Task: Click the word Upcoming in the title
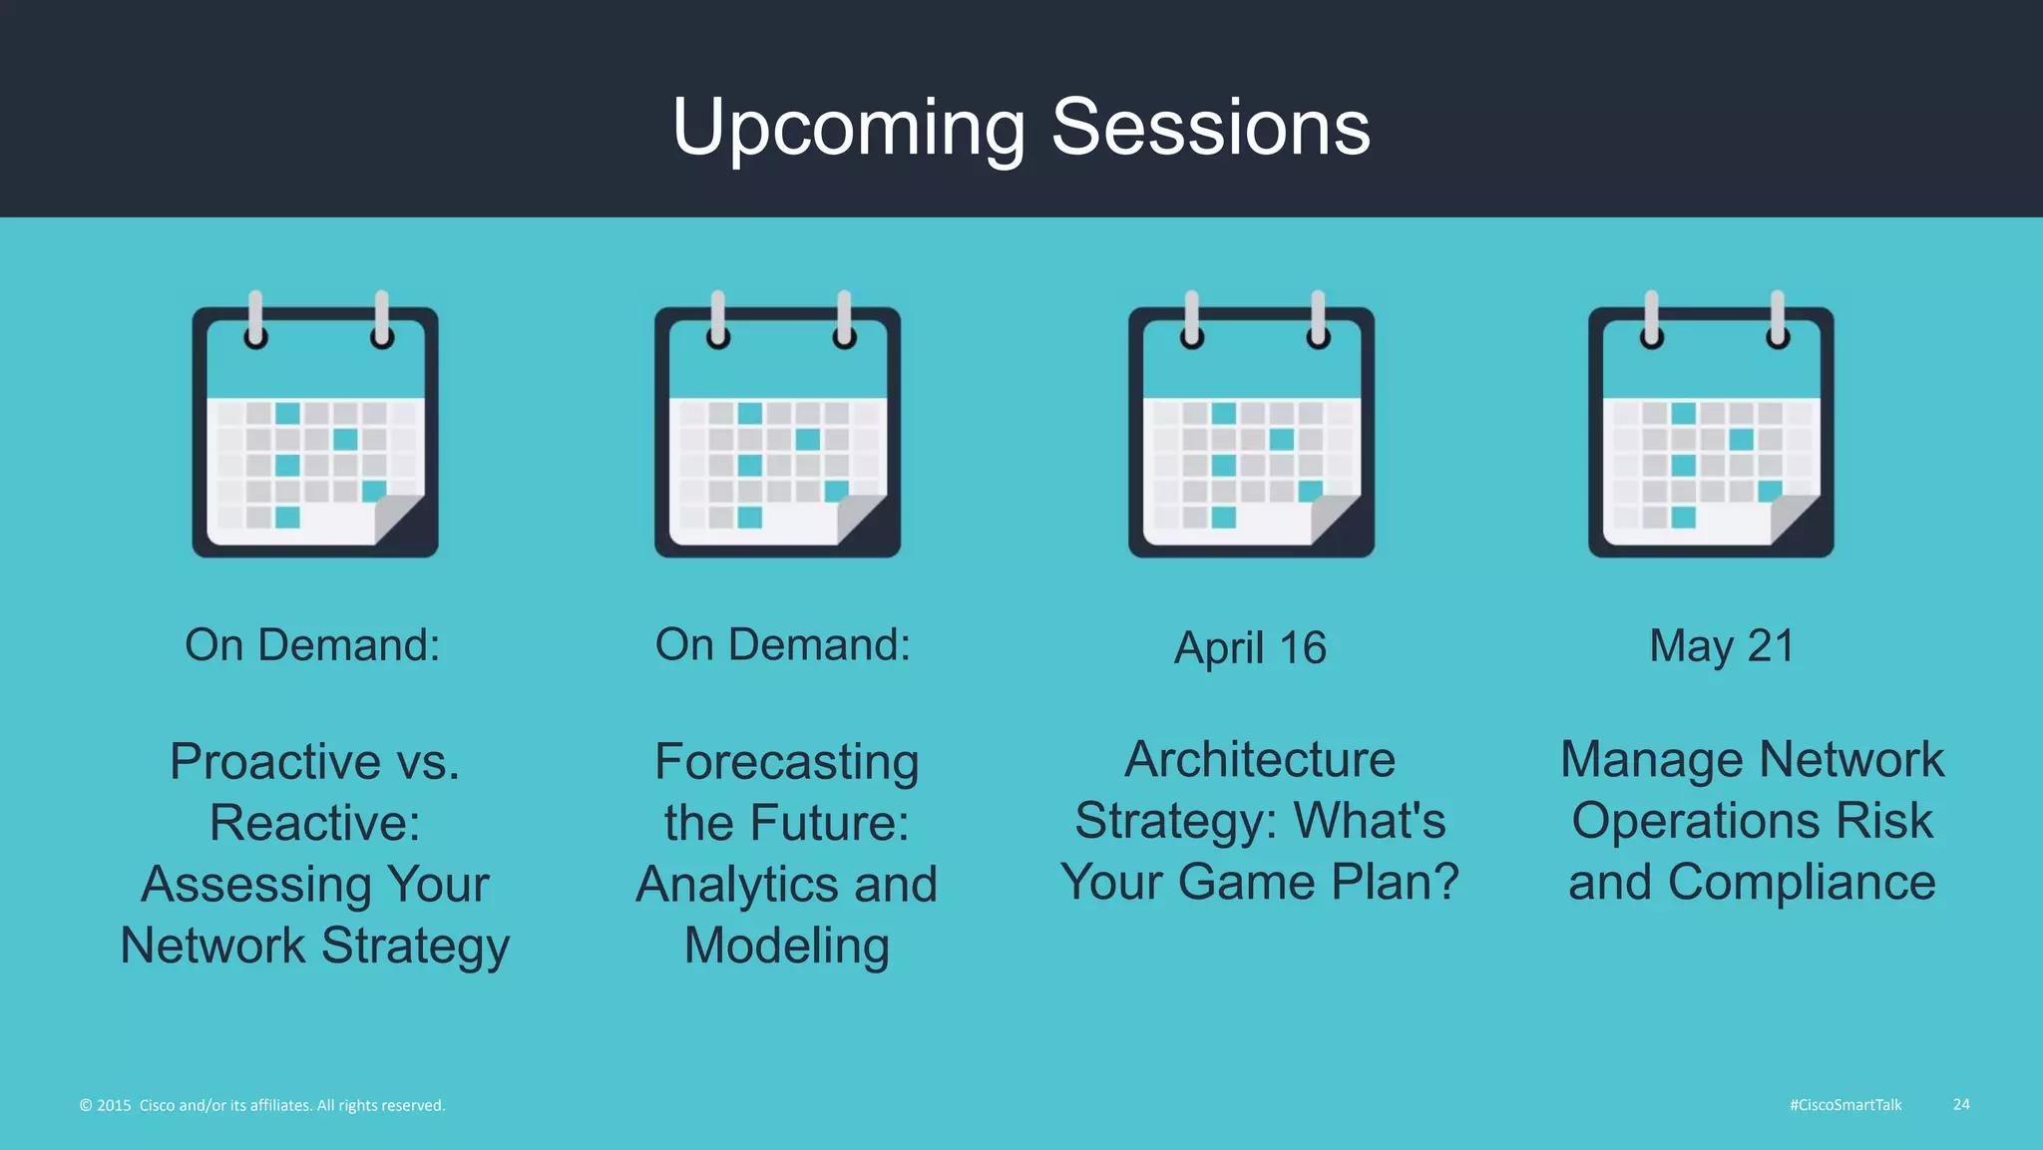click(x=849, y=128)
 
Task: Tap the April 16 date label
click(x=1250, y=648)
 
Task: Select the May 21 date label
click(x=1722, y=646)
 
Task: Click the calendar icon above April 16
click(x=1251, y=429)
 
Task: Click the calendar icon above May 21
click(x=1711, y=429)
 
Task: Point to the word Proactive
click(x=275, y=762)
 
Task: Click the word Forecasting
click(x=786, y=762)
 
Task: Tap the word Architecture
click(x=1259, y=760)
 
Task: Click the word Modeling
click(x=786, y=946)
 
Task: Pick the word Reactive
click(x=314, y=824)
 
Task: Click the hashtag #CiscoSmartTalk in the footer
click(x=1845, y=1105)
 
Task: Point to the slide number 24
click(x=1961, y=1104)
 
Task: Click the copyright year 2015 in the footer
click(x=114, y=1105)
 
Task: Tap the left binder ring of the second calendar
click(x=717, y=319)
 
